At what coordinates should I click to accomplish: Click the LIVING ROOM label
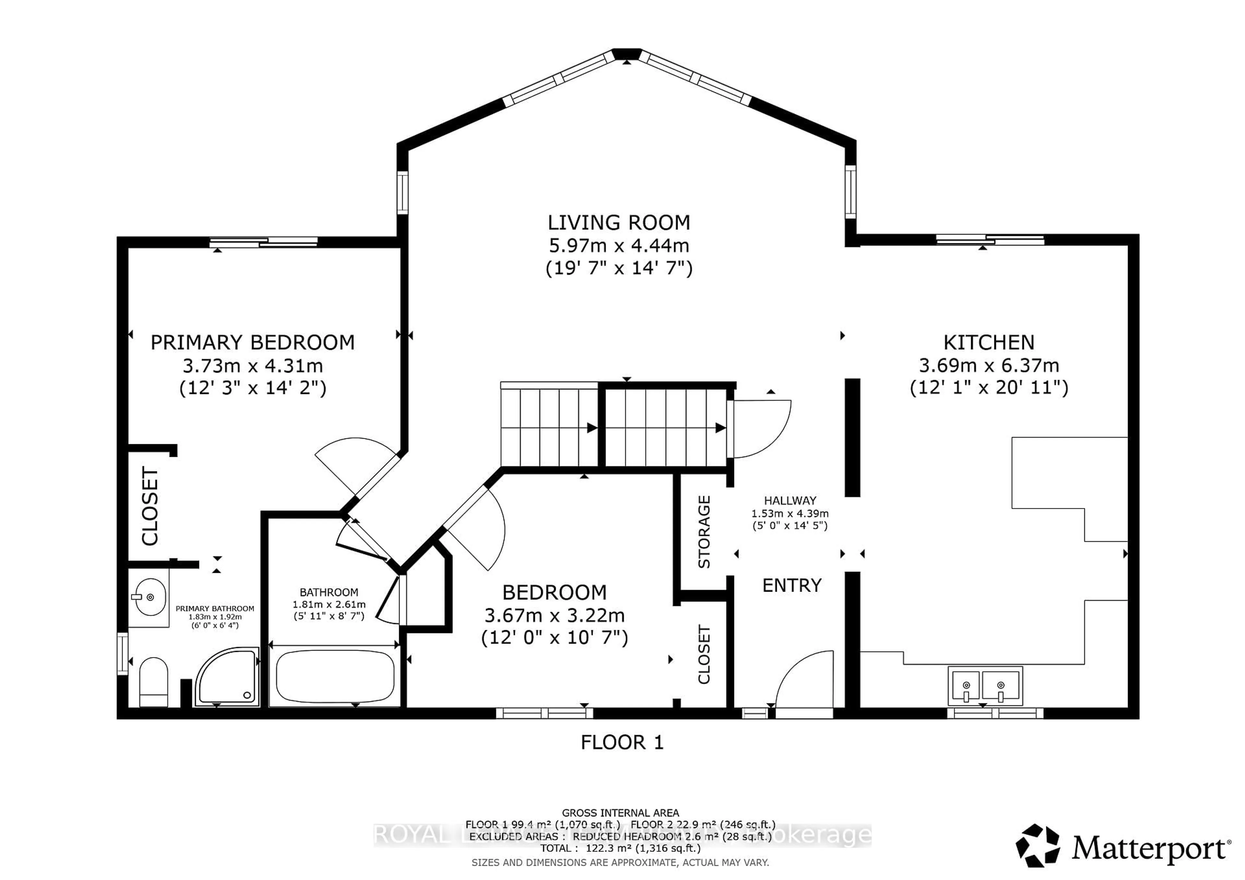(619, 223)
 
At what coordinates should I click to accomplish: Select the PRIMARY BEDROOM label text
(252, 342)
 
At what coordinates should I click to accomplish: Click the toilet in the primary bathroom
(153, 683)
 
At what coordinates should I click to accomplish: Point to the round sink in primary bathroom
(150, 597)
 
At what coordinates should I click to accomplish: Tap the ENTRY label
(792, 586)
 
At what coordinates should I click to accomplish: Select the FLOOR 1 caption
(622, 742)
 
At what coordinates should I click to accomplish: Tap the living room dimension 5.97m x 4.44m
(619, 246)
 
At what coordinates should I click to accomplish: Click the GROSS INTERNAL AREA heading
(620, 813)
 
